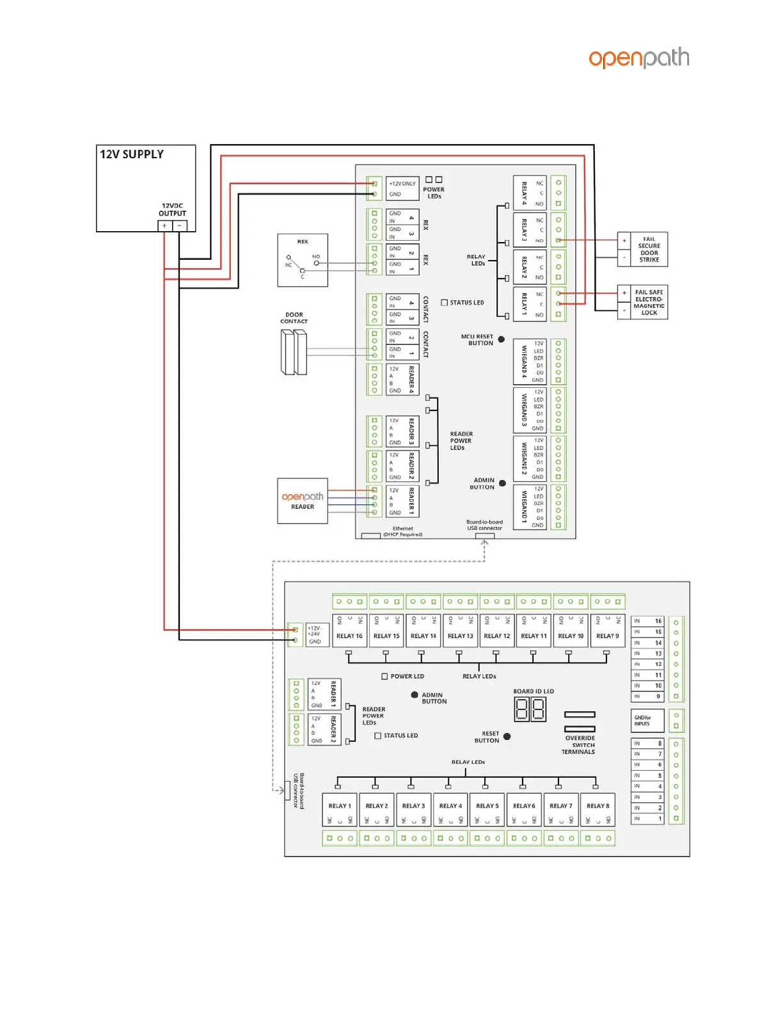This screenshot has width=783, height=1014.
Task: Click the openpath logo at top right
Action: (638, 58)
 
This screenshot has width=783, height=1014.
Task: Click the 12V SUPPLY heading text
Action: (132, 154)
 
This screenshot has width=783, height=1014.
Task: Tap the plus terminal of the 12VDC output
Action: (164, 226)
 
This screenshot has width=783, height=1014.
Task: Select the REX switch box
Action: (303, 260)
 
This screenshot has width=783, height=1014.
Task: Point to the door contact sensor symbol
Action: (294, 351)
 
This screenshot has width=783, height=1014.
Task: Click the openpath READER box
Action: (303, 501)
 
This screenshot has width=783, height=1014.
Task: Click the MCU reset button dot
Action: (502, 340)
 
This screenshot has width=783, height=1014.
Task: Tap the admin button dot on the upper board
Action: (502, 483)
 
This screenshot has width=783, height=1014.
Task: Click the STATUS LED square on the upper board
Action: (445, 303)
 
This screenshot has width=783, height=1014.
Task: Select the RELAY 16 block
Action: (349, 631)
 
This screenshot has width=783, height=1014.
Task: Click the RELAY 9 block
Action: (608, 631)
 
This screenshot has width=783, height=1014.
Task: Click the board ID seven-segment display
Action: (530, 709)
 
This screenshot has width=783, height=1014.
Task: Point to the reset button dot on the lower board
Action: (507, 737)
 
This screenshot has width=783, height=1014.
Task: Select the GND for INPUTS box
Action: (647, 721)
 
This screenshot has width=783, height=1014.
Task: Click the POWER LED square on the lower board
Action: (384, 676)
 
